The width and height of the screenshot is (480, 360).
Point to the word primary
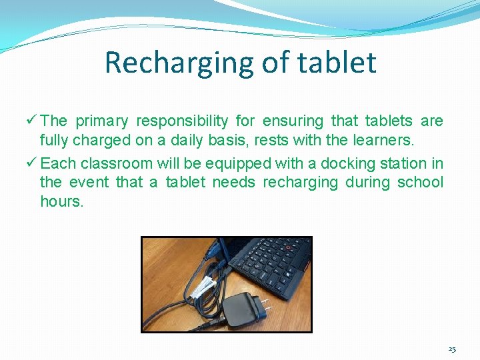point(101,121)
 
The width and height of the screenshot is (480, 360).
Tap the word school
point(420,183)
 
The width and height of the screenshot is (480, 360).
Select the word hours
point(61,201)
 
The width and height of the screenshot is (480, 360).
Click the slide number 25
point(452,349)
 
